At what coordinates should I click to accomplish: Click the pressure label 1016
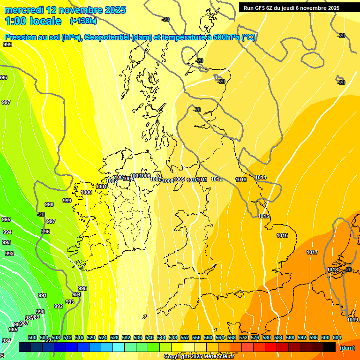(282, 235)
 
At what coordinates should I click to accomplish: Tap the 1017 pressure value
(312, 252)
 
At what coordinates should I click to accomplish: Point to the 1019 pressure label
(352, 320)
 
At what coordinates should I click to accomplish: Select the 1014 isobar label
(261, 177)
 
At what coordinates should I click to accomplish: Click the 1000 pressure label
(86, 192)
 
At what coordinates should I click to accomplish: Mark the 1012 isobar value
(217, 179)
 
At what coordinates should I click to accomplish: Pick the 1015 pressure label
(263, 216)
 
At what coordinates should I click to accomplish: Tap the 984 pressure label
(7, 341)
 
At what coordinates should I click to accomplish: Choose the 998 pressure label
(49, 204)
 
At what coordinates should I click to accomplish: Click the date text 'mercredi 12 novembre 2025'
(65, 10)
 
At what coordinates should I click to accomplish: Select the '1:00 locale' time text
(33, 21)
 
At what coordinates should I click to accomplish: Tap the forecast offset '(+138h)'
(83, 21)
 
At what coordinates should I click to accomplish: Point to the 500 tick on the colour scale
(32, 337)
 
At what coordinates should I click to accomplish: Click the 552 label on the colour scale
(185, 337)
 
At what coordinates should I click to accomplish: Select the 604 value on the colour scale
(337, 337)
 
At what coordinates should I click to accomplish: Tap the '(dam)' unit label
(347, 347)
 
